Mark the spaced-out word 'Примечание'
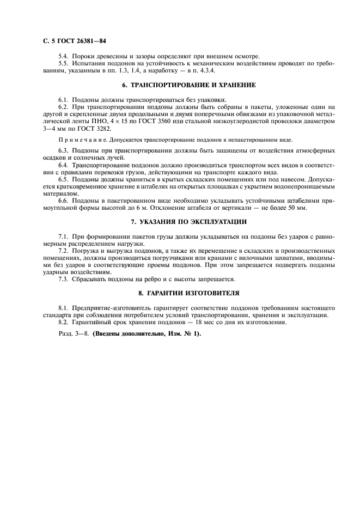77,139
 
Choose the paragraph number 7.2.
63,251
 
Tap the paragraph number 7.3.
63,279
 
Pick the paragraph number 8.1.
63,308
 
